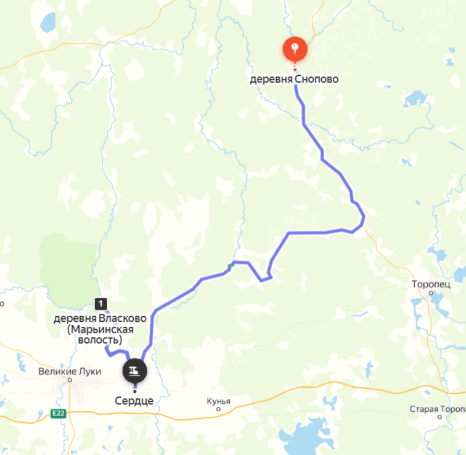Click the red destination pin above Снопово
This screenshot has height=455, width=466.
click(x=295, y=49)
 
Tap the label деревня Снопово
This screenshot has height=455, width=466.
click(x=294, y=80)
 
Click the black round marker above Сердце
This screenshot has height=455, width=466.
click(x=134, y=371)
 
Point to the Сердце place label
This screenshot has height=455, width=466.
click(x=134, y=401)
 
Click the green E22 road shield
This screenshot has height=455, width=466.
click(x=59, y=413)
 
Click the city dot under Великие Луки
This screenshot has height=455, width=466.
click(x=70, y=380)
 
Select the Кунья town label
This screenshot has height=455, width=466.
click(x=219, y=401)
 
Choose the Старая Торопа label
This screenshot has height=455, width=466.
click(x=437, y=409)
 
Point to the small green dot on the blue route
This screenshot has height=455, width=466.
click(x=230, y=266)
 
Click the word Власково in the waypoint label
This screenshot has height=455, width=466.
click(x=123, y=318)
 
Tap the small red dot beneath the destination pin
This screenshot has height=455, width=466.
click(x=295, y=70)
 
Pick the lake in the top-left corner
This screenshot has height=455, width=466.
click(x=47, y=23)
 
